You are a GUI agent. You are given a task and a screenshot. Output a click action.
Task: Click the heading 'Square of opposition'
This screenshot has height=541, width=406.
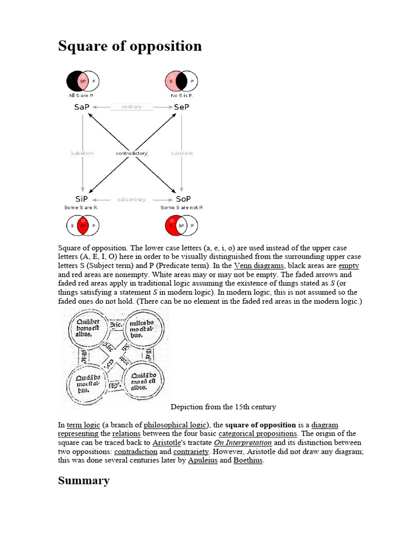click(130, 46)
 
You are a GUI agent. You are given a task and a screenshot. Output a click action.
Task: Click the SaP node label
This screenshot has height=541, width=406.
click(81, 107)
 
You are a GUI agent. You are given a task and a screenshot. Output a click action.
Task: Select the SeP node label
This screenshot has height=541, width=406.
click(182, 107)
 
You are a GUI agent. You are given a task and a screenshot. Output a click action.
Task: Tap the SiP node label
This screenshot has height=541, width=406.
click(81, 200)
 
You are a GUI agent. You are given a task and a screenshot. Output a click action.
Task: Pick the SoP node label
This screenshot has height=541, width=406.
click(183, 200)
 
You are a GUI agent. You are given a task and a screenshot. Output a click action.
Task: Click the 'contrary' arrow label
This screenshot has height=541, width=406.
click(132, 107)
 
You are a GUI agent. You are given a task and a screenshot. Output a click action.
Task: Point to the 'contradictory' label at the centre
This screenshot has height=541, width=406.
click(132, 153)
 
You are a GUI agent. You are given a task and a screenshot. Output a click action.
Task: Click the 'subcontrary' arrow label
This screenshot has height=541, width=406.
click(132, 200)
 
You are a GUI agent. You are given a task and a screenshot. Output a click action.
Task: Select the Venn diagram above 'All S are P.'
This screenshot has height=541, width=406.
click(83, 81)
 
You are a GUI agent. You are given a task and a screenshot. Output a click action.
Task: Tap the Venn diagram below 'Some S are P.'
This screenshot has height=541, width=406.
click(82, 226)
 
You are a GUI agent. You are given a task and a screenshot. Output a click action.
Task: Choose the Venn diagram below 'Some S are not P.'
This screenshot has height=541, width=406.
click(180, 226)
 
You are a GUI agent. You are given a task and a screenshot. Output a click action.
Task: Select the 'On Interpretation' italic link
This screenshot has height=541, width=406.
click(243, 442)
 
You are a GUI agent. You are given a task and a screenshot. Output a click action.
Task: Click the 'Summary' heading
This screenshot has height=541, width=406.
click(84, 481)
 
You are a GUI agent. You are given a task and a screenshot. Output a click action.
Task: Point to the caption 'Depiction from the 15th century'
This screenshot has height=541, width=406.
click(223, 407)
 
